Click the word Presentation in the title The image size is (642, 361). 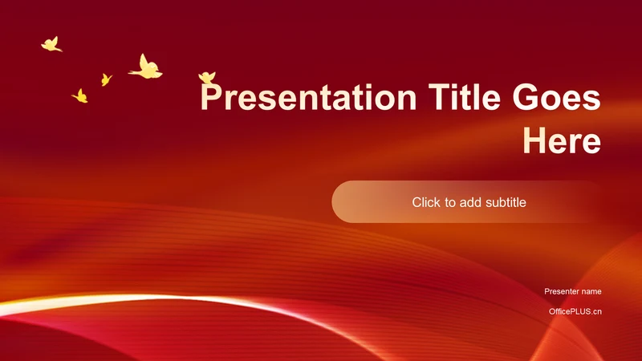pyautogui.click(x=308, y=97)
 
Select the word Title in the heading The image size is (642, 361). pyautogui.click(x=465, y=97)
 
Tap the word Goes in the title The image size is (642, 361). pyautogui.click(x=556, y=97)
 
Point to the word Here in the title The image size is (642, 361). pyautogui.click(x=562, y=140)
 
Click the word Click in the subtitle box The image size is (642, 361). pyautogui.click(x=426, y=202)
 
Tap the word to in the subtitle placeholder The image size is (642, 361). pyautogui.click(x=449, y=203)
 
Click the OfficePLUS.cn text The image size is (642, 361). pyautogui.click(x=575, y=311)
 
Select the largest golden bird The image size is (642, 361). pyautogui.click(x=146, y=67)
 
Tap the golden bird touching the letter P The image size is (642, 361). pyautogui.click(x=207, y=78)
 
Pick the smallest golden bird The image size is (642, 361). pyautogui.click(x=106, y=79)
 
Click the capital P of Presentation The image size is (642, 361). pyautogui.click(x=211, y=97)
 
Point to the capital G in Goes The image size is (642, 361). pyautogui.click(x=526, y=97)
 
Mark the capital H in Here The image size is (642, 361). pyautogui.click(x=534, y=140)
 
